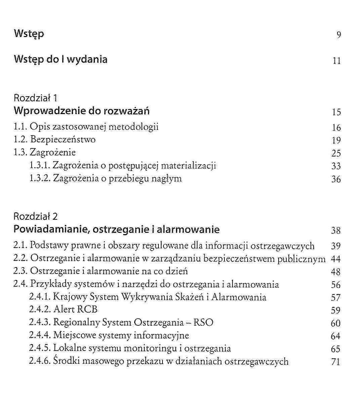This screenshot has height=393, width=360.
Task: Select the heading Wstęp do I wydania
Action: coord(61,60)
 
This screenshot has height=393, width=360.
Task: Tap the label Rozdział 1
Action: coord(35,98)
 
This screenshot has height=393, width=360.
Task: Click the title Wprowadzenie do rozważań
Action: coord(82,111)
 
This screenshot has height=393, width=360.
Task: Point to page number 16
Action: coord(336,128)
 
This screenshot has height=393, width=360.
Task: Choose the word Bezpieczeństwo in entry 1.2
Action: coord(63,140)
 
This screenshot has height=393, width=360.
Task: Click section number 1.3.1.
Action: coord(40,166)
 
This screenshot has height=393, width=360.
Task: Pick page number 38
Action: coord(336,230)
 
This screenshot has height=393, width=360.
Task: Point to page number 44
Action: coord(336,259)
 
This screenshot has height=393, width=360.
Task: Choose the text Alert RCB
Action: coord(75,310)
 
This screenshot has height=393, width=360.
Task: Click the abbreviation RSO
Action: coord(203,322)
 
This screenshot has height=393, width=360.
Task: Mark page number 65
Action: coord(336,349)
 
